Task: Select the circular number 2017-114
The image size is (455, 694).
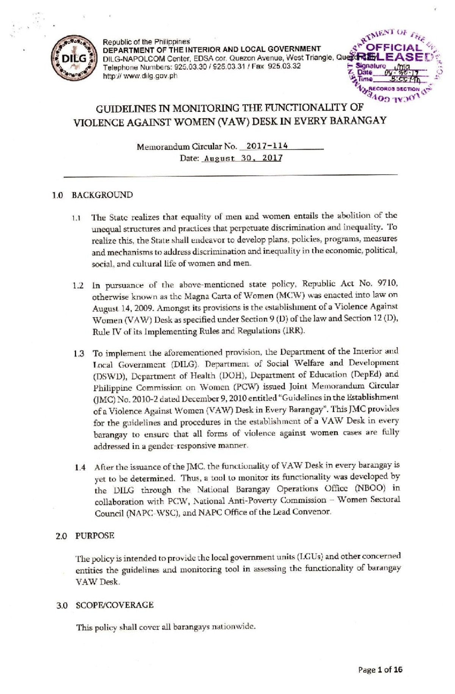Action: coord(267,146)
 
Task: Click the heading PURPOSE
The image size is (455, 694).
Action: coord(95,536)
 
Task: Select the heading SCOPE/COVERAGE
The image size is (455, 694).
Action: coord(115,605)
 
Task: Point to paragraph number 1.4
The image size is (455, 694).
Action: coord(80,467)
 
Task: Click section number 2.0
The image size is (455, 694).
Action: coord(60,536)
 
